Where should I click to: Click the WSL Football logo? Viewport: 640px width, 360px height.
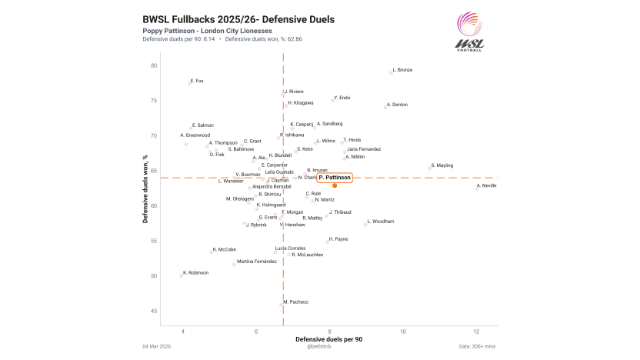(470, 32)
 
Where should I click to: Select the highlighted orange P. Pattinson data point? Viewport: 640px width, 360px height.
(335, 185)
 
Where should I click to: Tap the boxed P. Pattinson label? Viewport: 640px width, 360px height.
(335, 178)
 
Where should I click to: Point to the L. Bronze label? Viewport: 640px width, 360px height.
(402, 70)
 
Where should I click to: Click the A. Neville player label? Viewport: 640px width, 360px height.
(486, 185)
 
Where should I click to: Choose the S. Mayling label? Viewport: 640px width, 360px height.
(442, 165)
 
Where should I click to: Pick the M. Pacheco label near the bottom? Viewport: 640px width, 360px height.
(295, 302)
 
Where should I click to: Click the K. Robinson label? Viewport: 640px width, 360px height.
(195, 272)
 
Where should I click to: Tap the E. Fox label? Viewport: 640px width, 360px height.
(197, 81)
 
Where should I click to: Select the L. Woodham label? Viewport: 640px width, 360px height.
(381, 221)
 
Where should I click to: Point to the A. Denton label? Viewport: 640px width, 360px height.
(397, 104)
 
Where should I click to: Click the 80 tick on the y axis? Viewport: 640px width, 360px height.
(154, 65)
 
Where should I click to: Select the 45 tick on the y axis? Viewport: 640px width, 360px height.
(154, 311)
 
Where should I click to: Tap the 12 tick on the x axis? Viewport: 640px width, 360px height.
(476, 331)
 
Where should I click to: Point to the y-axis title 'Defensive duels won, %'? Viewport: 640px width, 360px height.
(145, 188)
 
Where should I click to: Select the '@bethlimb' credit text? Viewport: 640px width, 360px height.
(319, 347)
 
